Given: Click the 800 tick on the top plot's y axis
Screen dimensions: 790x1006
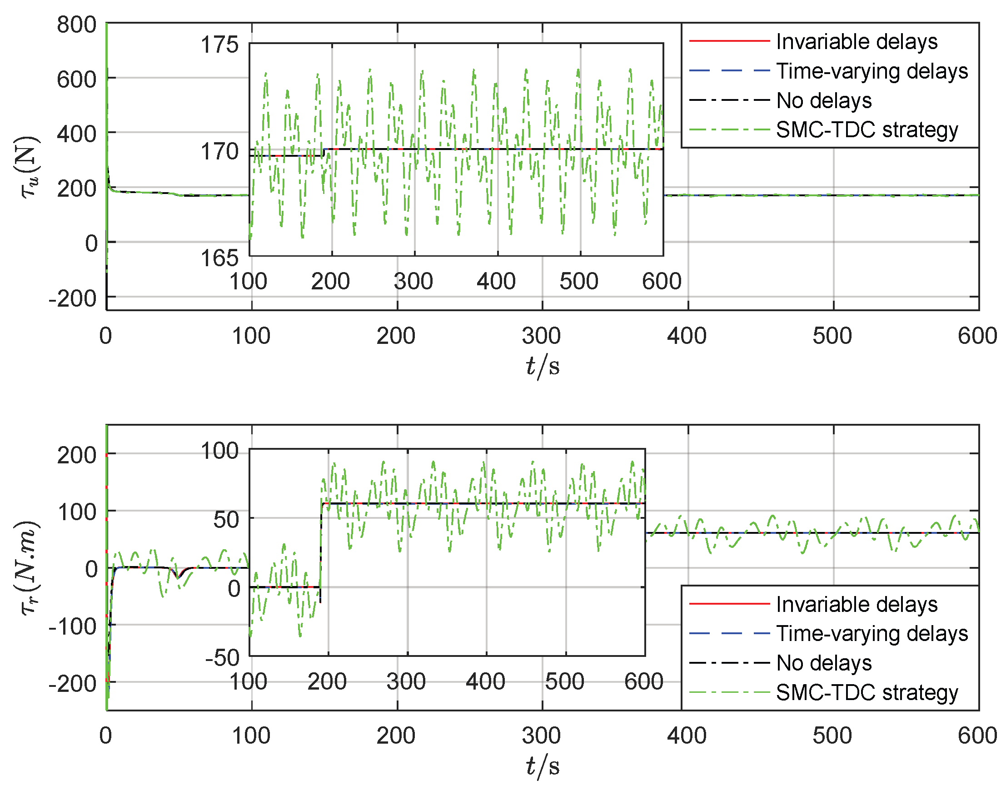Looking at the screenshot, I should pos(76,25).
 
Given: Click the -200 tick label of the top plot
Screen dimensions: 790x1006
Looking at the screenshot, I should pos(73,299).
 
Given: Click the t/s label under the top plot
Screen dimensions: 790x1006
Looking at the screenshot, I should pos(542,365).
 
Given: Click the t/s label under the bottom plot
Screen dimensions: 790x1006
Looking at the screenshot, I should pos(542,765).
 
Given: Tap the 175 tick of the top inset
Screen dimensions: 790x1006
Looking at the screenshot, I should pos(219,45).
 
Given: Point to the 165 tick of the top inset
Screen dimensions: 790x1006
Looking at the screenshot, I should pos(219,258).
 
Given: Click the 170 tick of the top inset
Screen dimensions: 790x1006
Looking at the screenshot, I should pos(219,151).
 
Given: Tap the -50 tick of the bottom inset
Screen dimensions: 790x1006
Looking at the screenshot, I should pos(222,657).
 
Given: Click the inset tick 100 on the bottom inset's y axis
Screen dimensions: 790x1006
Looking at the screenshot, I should pos(219,451).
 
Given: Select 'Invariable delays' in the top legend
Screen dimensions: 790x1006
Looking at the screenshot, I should pos(856,42).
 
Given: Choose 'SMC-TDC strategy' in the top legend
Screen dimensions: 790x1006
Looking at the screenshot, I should pos(867,130).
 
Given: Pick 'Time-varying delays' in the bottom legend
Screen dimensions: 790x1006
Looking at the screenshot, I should pos(872,633).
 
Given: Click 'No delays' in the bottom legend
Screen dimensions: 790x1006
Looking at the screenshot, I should pos(823,663).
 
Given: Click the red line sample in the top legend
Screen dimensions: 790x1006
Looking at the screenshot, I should pos(729,41).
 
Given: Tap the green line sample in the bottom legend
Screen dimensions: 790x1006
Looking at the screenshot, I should pos(729,692).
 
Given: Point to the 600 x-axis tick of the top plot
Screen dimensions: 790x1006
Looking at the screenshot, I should pos(977,336).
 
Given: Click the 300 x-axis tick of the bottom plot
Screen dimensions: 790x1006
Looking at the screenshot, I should pos(541,735).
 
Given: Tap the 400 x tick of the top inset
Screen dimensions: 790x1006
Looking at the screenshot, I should pos(496,281).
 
